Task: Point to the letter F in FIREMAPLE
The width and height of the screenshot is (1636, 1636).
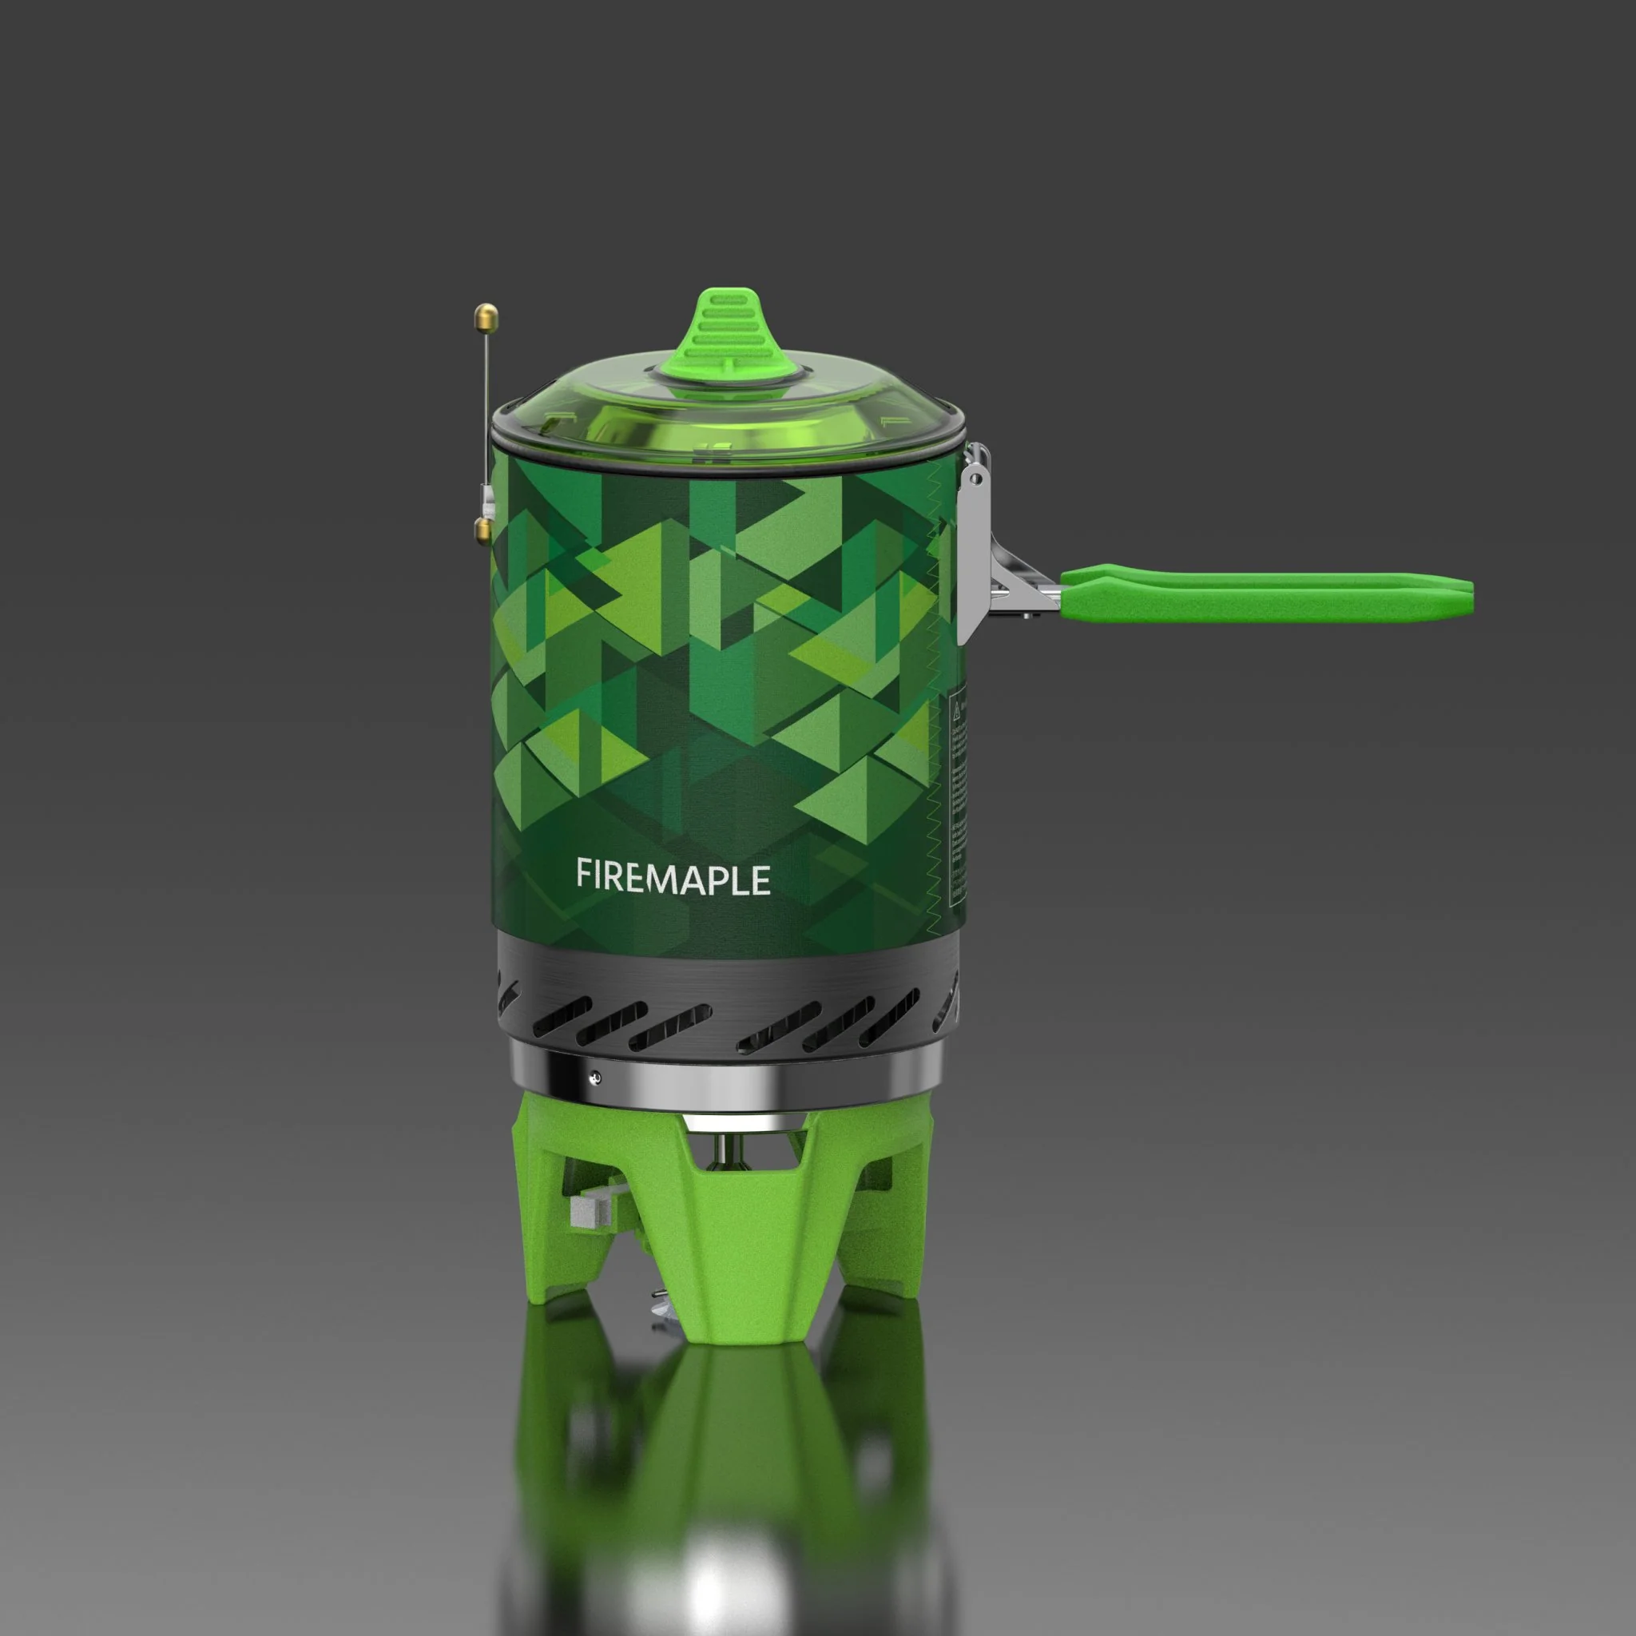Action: point(583,874)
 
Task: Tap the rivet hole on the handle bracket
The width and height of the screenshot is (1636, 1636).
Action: point(976,480)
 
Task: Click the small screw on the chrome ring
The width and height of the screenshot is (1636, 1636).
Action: point(595,1077)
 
